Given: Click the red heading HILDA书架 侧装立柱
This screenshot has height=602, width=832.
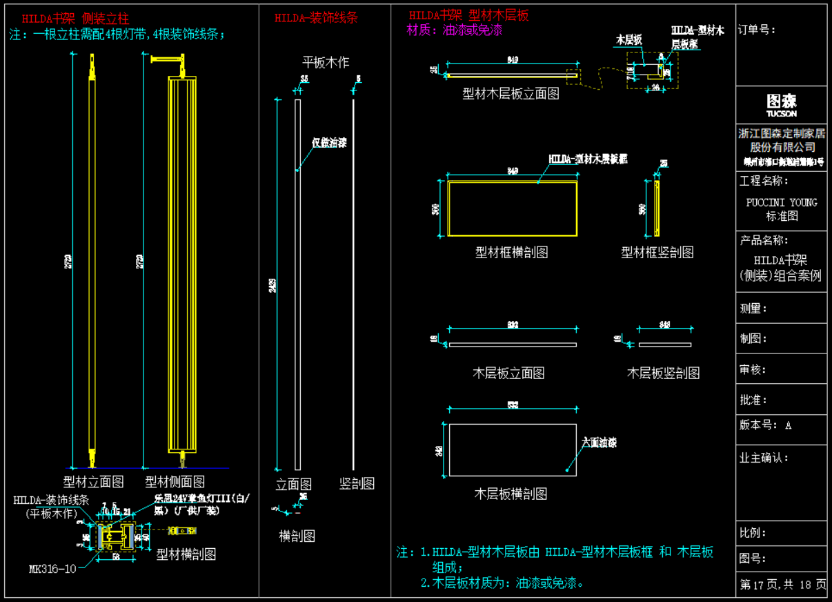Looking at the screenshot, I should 75,19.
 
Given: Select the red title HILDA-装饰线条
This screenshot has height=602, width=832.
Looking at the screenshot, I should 316,18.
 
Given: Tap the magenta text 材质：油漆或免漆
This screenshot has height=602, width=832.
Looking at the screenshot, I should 455,30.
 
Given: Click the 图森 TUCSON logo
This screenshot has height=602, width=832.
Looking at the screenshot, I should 781,105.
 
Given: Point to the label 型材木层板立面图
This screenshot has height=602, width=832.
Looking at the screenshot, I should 511,94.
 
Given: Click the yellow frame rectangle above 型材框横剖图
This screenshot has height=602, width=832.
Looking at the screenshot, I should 512,208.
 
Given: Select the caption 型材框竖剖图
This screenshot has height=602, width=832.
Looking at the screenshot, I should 657,253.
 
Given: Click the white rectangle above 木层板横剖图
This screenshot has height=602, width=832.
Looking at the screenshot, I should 512,449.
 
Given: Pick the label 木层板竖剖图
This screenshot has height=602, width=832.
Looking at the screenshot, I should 663,373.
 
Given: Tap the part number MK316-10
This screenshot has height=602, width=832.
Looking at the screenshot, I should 52,570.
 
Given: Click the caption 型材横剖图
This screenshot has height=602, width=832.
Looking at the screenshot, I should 186,554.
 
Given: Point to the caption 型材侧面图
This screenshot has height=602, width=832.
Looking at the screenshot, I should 175,482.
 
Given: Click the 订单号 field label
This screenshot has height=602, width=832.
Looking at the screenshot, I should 757,30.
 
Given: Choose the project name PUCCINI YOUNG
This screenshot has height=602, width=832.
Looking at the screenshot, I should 782,202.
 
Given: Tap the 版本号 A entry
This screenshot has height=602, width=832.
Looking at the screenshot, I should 765,425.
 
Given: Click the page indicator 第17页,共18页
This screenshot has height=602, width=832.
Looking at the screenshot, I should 782,584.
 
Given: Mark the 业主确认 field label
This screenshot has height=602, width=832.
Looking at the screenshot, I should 764,458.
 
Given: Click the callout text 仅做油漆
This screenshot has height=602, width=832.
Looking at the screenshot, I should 328,143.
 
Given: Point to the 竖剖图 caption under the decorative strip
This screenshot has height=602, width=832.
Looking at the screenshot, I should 357,484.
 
